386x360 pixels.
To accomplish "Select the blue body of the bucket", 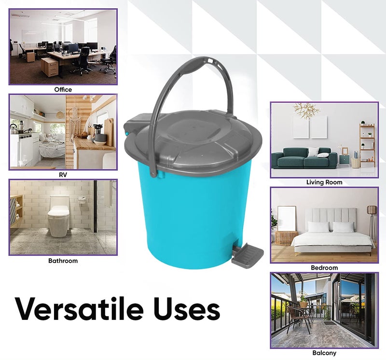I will pos(193,212).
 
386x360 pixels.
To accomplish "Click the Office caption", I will pos(63,90).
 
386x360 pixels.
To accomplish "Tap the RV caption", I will pos(63,175).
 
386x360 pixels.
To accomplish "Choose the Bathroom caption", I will pos(63,261).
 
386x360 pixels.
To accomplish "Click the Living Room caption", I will pos(324,182).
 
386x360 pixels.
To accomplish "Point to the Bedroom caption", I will pos(324,268).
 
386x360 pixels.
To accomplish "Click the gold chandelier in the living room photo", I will pos(307,110).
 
